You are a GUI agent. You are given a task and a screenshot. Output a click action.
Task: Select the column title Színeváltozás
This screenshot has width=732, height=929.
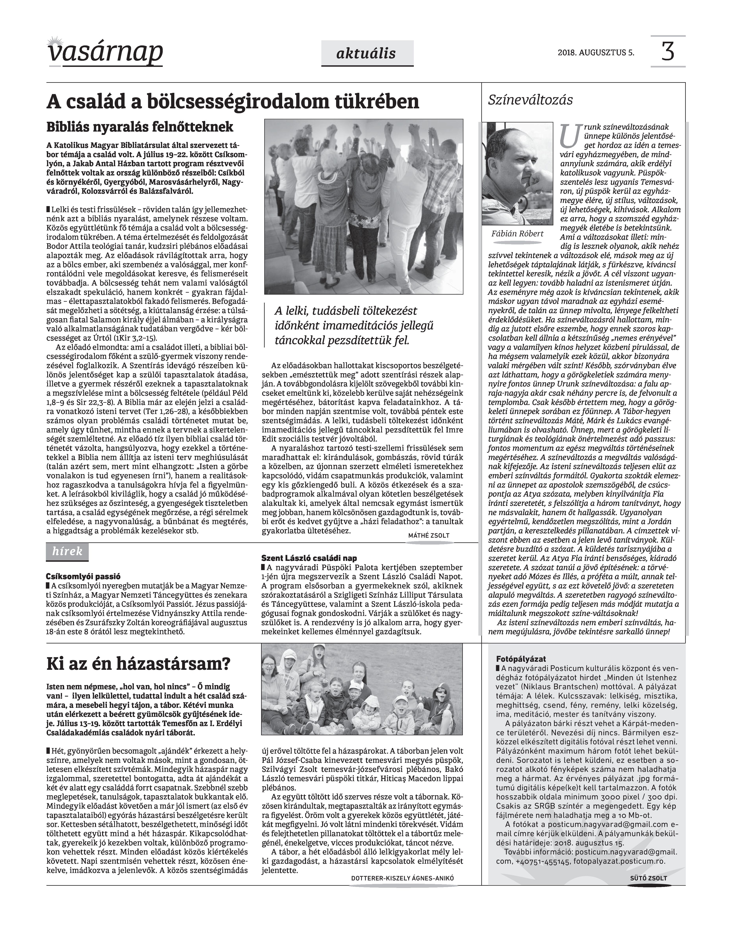[531, 100]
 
